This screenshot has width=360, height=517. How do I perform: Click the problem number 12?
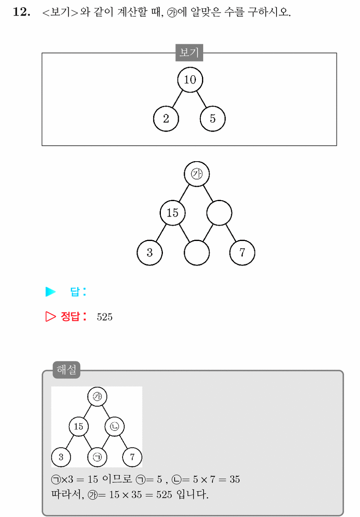point(22,12)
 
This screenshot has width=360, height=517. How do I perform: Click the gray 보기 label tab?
point(189,53)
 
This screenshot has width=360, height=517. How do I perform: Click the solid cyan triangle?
point(50,292)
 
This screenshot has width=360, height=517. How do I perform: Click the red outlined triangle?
point(50,316)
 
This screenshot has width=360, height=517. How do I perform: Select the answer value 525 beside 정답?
point(105,317)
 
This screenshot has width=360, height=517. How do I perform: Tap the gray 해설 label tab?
point(66,370)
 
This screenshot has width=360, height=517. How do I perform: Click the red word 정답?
point(70,316)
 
